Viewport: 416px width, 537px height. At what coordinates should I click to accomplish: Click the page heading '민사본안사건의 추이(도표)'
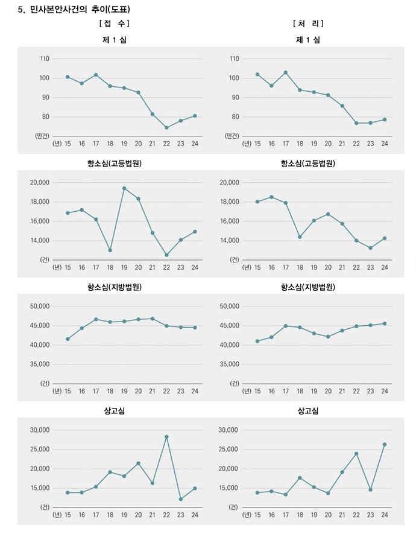[79, 10]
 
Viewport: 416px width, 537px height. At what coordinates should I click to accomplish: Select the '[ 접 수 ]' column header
[115, 24]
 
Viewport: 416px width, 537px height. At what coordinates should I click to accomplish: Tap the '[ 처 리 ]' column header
[308, 24]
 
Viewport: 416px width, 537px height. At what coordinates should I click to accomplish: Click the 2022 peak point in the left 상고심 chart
[166, 437]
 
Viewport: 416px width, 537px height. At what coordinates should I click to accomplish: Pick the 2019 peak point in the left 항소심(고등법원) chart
[124, 188]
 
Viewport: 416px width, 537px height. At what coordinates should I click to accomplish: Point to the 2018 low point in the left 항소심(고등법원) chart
[110, 250]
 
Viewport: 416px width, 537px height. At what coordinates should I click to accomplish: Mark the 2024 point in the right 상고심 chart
[384, 445]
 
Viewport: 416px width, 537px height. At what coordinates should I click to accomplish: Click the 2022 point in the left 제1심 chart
[166, 128]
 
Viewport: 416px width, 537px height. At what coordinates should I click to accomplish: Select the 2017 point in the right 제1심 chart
[285, 72]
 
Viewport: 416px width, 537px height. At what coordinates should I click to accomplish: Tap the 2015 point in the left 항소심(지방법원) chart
[68, 339]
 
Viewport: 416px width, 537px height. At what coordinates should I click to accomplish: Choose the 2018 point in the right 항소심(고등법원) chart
[300, 237]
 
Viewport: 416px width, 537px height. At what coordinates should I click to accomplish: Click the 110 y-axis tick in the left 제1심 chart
[45, 59]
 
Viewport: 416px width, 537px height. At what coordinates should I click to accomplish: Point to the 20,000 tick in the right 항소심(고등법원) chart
[230, 183]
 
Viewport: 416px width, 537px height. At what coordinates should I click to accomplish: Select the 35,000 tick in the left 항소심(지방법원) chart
[40, 364]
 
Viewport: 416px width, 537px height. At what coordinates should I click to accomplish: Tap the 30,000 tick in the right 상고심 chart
[230, 430]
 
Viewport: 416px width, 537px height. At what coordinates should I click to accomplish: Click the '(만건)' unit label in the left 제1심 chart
[42, 136]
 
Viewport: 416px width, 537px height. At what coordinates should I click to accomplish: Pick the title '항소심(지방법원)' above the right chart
[308, 287]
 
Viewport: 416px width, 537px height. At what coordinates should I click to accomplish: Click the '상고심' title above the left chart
[115, 411]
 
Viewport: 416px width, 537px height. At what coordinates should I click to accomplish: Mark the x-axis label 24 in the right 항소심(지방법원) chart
[385, 391]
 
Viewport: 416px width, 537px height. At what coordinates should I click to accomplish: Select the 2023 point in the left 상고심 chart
[181, 499]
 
